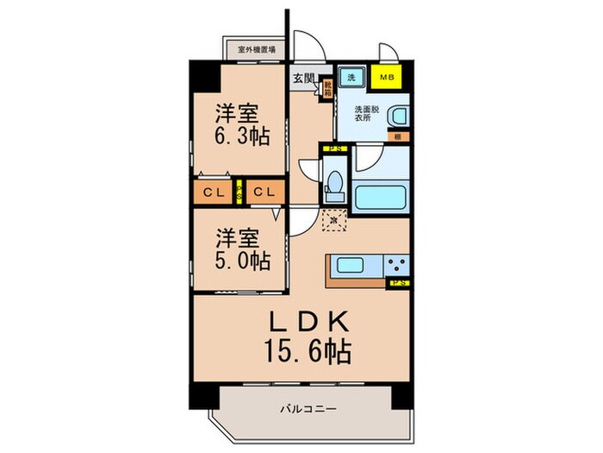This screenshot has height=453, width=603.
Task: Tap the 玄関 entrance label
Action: click(302, 79)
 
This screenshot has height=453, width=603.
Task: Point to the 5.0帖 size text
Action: click(237, 261)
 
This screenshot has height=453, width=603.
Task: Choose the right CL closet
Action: click(263, 192)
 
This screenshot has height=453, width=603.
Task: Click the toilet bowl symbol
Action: click(334, 183)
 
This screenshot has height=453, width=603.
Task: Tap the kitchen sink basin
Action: click(348, 265)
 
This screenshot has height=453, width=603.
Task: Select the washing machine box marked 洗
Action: click(351, 78)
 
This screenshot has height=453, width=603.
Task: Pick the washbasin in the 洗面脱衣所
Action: click(397, 116)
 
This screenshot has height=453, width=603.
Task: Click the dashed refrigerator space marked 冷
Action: click(334, 222)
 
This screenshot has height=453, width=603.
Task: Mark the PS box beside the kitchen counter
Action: click(399, 282)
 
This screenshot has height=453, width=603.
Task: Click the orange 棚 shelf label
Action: click(398, 135)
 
